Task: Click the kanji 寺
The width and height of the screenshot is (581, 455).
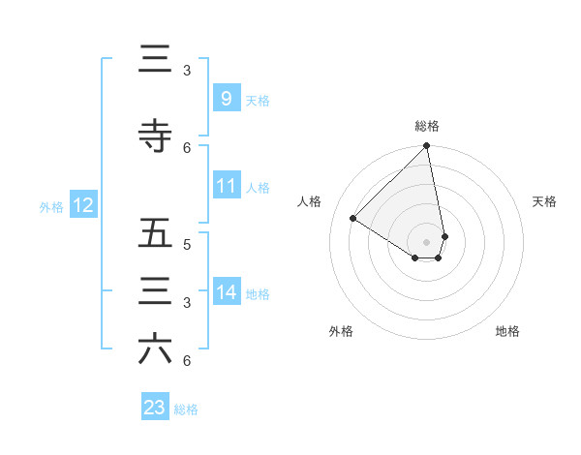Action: coord(155,136)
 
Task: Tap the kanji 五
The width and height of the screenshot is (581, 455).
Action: coord(155,233)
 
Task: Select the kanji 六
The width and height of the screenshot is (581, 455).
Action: coord(155,349)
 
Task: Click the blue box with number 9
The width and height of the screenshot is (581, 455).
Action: coord(226,98)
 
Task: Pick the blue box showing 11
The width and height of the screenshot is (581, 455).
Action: coord(226,185)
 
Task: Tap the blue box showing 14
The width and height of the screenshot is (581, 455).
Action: coord(226,291)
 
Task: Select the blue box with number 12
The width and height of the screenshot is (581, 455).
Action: coord(82,205)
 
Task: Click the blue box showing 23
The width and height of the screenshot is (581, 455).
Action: coord(155,408)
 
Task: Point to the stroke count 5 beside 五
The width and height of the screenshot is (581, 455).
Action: coord(187,245)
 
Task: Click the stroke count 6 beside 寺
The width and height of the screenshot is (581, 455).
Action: coord(187,148)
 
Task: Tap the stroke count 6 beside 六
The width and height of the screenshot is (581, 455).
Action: coord(187,361)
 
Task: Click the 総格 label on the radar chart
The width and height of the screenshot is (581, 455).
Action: coord(427,126)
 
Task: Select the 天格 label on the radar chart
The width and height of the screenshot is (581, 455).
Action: coord(544,201)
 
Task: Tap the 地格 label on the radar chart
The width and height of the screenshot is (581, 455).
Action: coord(507,331)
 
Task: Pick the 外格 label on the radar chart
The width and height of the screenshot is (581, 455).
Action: coord(341,331)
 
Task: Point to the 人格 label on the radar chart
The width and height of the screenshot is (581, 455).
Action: coord(310,201)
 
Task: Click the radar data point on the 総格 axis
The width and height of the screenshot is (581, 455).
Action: coord(427,147)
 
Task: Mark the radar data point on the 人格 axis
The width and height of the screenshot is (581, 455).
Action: coord(353,219)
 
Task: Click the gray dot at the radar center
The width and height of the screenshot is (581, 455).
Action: coord(427,241)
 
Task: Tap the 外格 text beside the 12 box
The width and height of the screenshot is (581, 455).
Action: coord(50,206)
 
